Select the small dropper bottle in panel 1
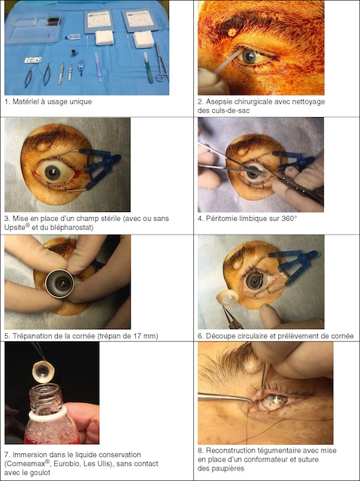pyautogui.click(x=72, y=37)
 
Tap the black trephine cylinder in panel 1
pyautogui.click(x=74, y=53)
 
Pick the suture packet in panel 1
pyautogui.click(x=33, y=60)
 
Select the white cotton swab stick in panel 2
pyautogui.click(x=227, y=62)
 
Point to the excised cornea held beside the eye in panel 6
pyautogui.click(x=229, y=297)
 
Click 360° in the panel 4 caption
pyautogui.click(x=289, y=219)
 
